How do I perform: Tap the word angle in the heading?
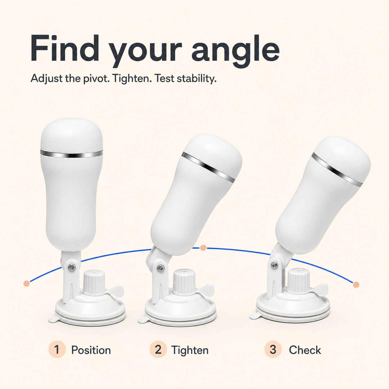coord(235,51)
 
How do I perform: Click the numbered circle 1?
coord(57,349)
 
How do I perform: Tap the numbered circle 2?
coord(158,349)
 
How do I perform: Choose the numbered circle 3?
coord(273,349)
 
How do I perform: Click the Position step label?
coord(91,350)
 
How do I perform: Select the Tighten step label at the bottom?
coord(190,350)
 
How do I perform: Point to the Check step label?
coord(305,350)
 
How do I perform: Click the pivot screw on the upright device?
coord(71,268)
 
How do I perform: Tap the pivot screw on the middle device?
coord(161,268)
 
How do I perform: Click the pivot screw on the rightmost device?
coord(274,265)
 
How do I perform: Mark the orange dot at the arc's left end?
coord(27,284)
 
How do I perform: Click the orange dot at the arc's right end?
coord(356,285)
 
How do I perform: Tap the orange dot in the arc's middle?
coord(203,248)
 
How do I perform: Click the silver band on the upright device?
coord(72,154)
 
